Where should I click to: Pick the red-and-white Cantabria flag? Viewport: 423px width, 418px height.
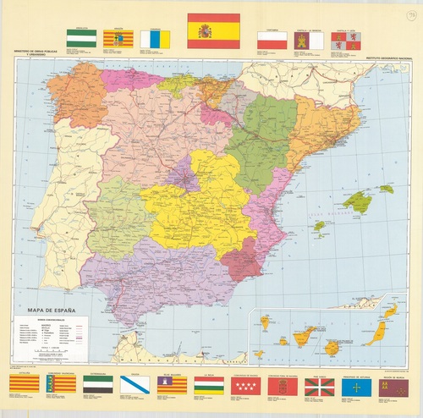(272, 41)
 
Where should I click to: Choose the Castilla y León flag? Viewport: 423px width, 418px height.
(346, 41)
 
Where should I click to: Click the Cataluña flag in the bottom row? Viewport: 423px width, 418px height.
(22, 387)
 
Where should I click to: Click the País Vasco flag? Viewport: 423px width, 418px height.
(318, 387)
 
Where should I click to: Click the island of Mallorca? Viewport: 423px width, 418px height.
(358, 201)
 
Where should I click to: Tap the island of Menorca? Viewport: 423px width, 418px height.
(386, 189)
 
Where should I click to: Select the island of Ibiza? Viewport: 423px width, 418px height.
(320, 226)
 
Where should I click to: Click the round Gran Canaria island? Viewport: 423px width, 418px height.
(332, 347)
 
